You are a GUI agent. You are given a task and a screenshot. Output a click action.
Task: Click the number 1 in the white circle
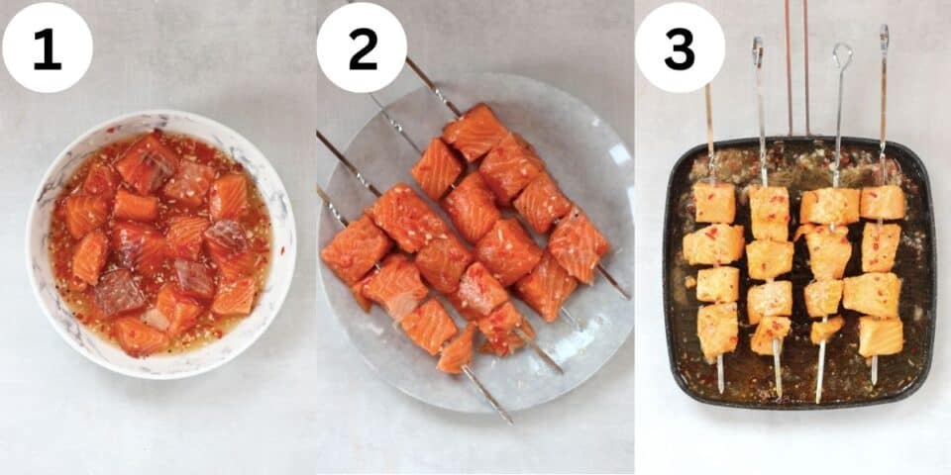(x=48, y=49)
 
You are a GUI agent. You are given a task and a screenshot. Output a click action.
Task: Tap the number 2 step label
(x=363, y=49)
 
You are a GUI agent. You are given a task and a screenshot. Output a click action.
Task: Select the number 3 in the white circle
(x=680, y=49)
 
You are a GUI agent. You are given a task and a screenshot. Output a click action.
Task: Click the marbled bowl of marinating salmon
(x=160, y=244)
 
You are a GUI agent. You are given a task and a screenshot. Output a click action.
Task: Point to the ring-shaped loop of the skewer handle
(x=842, y=55)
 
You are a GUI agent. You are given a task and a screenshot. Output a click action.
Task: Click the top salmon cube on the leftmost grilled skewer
(x=714, y=203)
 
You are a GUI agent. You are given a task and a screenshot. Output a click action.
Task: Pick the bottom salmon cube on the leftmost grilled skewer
(x=717, y=331)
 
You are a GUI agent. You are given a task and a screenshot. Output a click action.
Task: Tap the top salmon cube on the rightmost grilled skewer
(x=883, y=202)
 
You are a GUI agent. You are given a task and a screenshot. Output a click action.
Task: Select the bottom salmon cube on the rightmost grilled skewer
(x=881, y=336)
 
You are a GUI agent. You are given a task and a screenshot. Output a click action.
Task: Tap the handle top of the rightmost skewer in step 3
(x=885, y=29)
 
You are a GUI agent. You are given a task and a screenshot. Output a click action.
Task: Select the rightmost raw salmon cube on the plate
(x=578, y=244)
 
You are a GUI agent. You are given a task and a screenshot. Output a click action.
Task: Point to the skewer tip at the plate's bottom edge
(x=509, y=421)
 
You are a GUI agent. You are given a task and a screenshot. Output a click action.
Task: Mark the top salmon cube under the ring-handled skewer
(x=830, y=206)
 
